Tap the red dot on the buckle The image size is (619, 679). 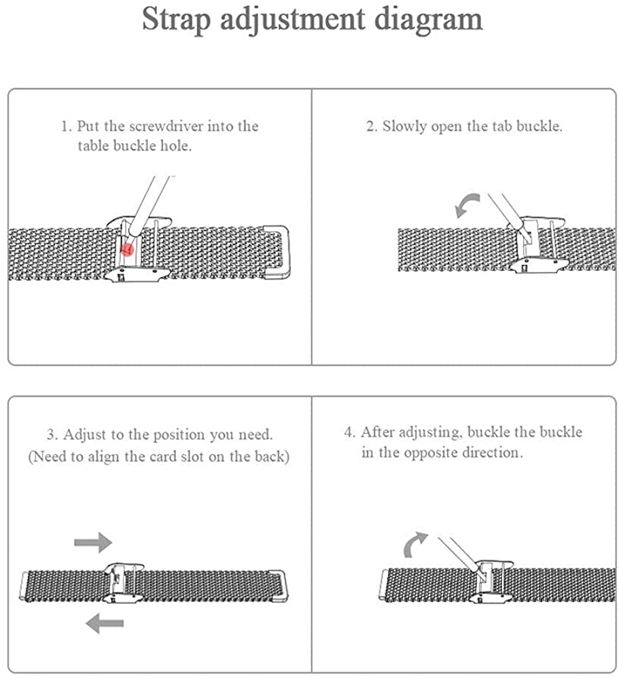coord(127,249)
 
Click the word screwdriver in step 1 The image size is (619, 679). coord(166,126)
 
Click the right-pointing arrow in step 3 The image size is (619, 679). coord(93,542)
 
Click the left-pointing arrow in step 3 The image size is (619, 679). coord(105,623)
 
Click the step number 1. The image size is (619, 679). coord(65,126)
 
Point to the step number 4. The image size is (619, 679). coord(349,432)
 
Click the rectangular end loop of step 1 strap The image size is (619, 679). coord(277,252)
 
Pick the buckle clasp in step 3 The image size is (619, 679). coord(123,583)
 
